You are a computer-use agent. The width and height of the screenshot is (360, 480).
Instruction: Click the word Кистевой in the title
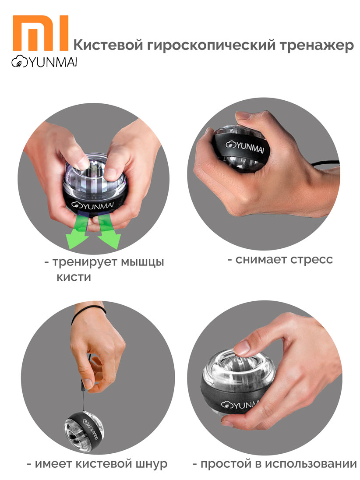(108, 45)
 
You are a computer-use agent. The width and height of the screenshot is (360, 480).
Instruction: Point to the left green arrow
(77, 231)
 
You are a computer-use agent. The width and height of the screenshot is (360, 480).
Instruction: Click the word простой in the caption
(225, 464)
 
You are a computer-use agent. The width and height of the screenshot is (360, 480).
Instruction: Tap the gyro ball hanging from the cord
(84, 431)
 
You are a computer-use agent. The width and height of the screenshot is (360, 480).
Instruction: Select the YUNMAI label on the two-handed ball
(92, 205)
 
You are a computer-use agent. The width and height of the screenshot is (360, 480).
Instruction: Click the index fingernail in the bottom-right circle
(242, 347)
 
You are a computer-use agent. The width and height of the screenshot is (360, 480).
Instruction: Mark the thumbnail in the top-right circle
(244, 115)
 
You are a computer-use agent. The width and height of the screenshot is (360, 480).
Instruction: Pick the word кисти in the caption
(74, 277)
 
